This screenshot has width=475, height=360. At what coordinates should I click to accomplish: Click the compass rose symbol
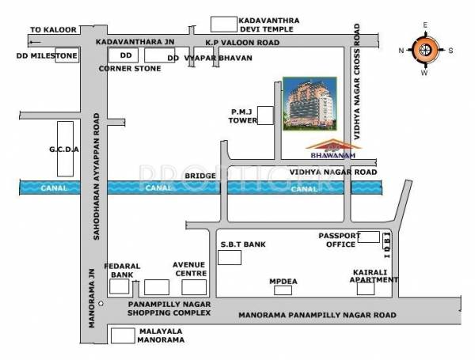425,50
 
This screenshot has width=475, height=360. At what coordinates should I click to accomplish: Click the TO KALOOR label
53,29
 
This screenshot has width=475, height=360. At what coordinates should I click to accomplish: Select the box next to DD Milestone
66,56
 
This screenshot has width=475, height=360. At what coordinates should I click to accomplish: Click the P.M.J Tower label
242,116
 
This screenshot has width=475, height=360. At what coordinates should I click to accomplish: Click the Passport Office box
368,237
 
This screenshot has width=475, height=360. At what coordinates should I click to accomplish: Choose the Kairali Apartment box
365,288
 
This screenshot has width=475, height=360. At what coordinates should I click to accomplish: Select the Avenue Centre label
190,268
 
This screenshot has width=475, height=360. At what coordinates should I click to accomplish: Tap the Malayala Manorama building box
122,335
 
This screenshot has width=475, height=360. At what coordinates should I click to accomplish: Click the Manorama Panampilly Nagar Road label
317,315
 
